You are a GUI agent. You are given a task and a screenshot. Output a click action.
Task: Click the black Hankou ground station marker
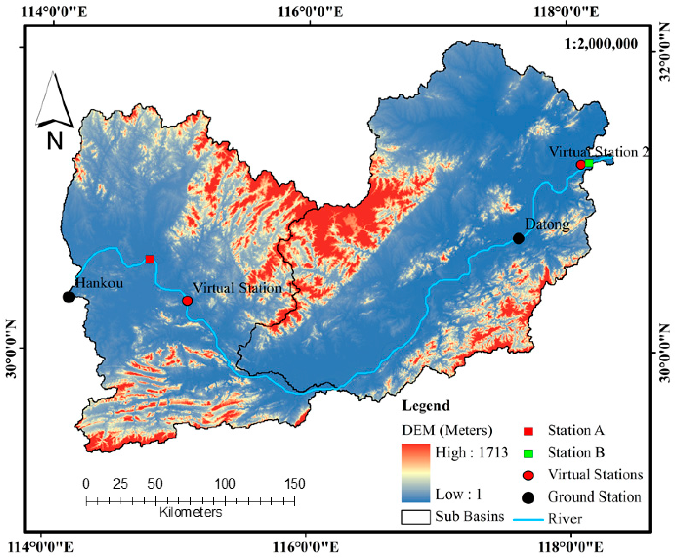click(x=69, y=297)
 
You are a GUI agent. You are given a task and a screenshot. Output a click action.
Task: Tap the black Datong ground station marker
click(x=519, y=238)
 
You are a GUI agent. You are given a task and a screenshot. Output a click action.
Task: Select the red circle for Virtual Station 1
click(x=188, y=301)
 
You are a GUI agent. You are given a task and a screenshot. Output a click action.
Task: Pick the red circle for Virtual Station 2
click(x=580, y=165)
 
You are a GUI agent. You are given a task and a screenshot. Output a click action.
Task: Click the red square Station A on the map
click(x=150, y=259)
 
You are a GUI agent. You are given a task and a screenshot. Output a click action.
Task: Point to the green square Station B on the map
click(x=589, y=163)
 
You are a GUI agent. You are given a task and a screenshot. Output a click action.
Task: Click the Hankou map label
click(x=99, y=283)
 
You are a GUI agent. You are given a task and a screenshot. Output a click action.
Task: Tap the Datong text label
click(x=547, y=224)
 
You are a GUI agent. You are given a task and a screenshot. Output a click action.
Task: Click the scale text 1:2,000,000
click(x=601, y=44)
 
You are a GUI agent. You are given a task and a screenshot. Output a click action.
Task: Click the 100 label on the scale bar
click(x=225, y=484)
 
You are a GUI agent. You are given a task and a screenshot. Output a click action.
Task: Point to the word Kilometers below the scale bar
click(x=190, y=512)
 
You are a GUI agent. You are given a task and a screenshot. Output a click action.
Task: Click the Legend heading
click(x=426, y=406)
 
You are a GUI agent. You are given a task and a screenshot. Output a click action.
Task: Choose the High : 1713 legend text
click(x=472, y=452)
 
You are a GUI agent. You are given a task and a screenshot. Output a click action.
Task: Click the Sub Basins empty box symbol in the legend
click(x=416, y=517)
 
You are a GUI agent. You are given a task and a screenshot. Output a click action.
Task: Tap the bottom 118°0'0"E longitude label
click(x=571, y=547)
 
